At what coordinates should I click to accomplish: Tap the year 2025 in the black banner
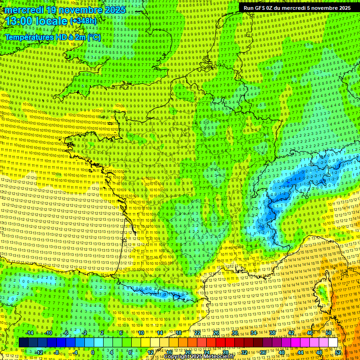342,8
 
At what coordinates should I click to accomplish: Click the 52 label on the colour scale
338,352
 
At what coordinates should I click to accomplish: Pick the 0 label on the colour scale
93,352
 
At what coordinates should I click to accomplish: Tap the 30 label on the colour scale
234,333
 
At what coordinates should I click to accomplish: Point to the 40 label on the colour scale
281,352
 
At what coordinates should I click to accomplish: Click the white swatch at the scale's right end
333,343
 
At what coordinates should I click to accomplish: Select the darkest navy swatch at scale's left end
23,343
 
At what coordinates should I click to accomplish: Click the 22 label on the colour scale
197,333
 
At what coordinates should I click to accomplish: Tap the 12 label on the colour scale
150,352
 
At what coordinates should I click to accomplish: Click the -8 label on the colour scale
56,352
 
